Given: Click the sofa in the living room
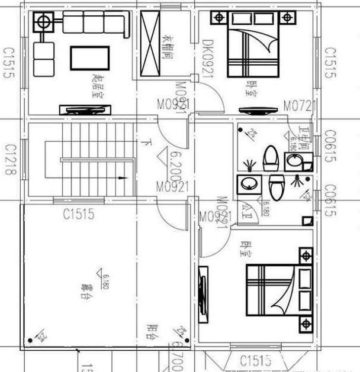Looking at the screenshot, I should click(x=95, y=24).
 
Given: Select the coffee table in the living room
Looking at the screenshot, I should click(x=89, y=58).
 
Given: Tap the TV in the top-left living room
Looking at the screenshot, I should click(x=85, y=109).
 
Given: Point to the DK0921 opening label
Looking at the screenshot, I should click(x=207, y=59).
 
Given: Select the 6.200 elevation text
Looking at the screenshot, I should click(x=175, y=164).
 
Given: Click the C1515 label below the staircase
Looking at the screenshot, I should click(x=78, y=214).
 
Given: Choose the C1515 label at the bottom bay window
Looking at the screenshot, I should click(x=256, y=360).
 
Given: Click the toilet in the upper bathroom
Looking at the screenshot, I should click(x=271, y=158).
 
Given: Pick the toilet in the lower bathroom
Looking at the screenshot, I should click(x=277, y=187).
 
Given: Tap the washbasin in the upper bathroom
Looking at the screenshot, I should click(x=292, y=161).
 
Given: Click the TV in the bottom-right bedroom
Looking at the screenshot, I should click(x=203, y=294).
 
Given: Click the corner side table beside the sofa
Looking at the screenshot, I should click(x=43, y=23).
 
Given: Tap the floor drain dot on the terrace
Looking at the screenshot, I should click(x=29, y=340).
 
